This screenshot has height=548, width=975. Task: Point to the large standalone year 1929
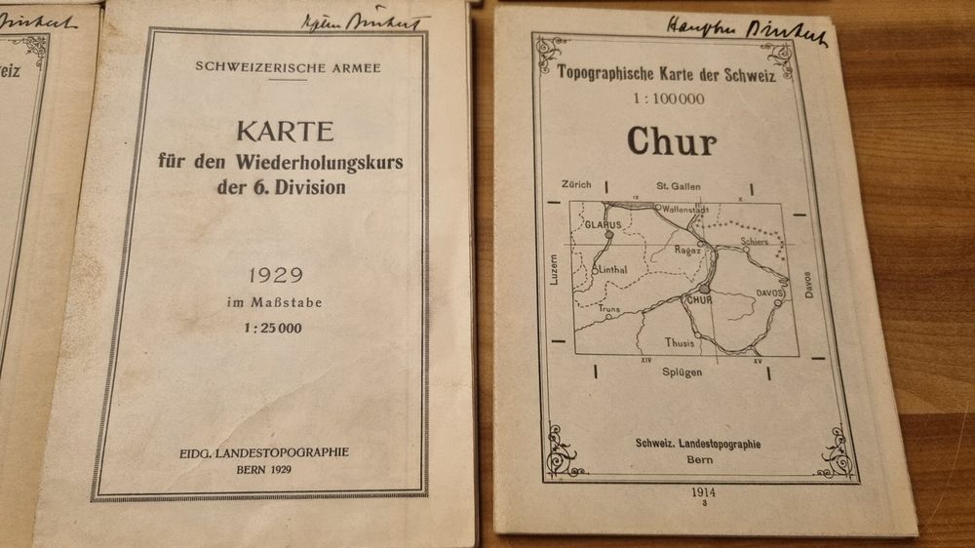click(x=274, y=277)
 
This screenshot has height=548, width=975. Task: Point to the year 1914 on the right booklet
click(x=701, y=493)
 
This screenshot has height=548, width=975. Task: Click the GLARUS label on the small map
click(x=602, y=224)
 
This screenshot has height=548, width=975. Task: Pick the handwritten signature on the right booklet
click(x=747, y=32)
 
